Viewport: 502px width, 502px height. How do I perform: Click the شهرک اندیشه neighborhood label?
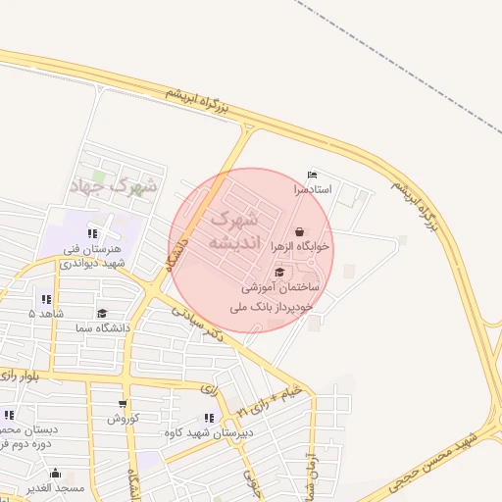(x=234, y=227)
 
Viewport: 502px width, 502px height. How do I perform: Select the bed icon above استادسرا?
(x=313, y=174)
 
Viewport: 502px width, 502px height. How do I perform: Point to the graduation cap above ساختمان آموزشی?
(x=280, y=273)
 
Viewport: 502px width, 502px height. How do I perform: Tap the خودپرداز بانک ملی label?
(x=272, y=307)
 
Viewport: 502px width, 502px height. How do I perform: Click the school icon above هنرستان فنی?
(x=92, y=233)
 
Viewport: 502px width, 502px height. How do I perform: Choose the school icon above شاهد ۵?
(x=46, y=299)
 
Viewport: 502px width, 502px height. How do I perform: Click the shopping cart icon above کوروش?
(x=123, y=404)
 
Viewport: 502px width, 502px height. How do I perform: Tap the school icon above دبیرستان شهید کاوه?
(x=208, y=418)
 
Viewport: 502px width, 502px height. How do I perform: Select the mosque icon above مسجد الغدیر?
(x=55, y=473)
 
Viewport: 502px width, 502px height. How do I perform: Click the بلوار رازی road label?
(x=25, y=376)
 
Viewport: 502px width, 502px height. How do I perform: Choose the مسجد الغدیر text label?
(x=55, y=487)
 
